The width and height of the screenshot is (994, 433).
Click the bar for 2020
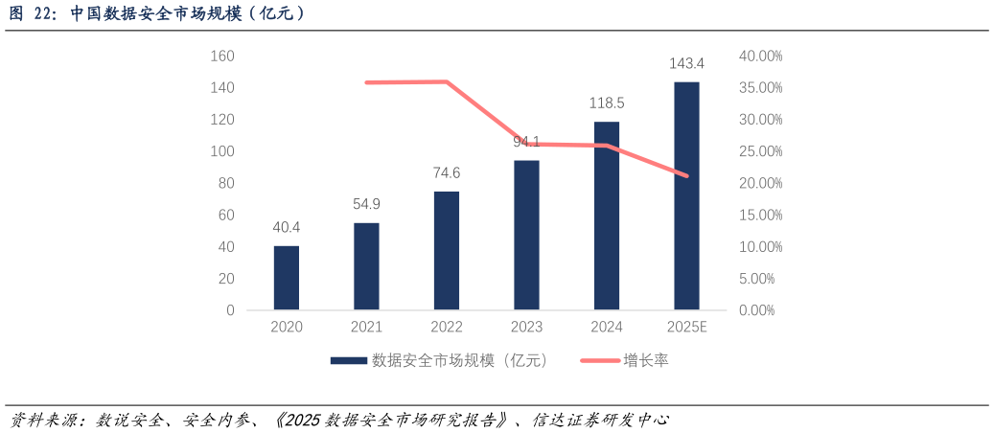[x=287, y=278]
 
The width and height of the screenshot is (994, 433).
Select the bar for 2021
[x=366, y=266]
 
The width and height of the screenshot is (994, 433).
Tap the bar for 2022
[x=447, y=250]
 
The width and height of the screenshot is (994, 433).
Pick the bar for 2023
[x=526, y=235]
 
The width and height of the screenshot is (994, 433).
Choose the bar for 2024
[x=607, y=216]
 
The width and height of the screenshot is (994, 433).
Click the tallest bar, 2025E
[x=686, y=195]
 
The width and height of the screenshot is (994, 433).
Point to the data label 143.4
[x=686, y=64]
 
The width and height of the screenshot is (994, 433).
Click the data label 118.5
[x=607, y=103]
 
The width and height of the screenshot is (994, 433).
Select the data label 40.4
[x=287, y=227]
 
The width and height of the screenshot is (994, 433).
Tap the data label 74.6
[x=447, y=173]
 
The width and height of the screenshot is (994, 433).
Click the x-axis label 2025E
[x=686, y=328]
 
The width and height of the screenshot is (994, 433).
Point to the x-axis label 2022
[x=447, y=328]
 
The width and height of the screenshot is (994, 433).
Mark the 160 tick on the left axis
[x=222, y=57]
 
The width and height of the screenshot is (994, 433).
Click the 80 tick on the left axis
[x=226, y=183]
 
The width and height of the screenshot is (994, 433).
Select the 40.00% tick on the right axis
[x=760, y=57]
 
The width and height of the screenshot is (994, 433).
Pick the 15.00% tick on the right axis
[x=760, y=216]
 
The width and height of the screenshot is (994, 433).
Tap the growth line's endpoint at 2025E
[x=686, y=176]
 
